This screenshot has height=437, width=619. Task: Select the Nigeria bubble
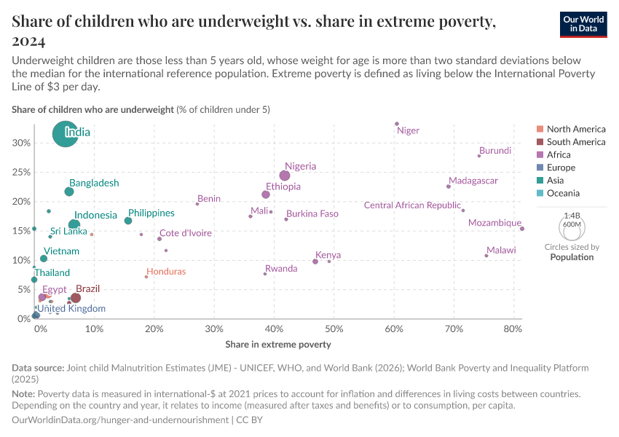[285, 176]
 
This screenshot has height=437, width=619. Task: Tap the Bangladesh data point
[69, 192]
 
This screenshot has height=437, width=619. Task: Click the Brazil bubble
[76, 298]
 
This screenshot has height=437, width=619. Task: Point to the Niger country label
[408, 131]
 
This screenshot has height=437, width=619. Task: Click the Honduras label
[166, 272]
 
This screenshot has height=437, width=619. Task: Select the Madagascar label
[473, 181]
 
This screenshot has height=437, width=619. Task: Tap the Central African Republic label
[412, 205]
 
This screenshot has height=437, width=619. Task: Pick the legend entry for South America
[575, 142]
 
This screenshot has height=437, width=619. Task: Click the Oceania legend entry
[563, 193]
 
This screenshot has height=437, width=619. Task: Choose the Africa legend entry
[559, 154]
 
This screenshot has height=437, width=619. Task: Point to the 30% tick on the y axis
[21, 143]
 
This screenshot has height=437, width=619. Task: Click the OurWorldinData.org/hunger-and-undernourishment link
[119, 420]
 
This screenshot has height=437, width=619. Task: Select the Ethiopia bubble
[266, 194]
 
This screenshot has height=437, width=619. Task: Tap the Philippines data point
[128, 221]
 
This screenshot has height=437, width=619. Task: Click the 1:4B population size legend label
[572, 216]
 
